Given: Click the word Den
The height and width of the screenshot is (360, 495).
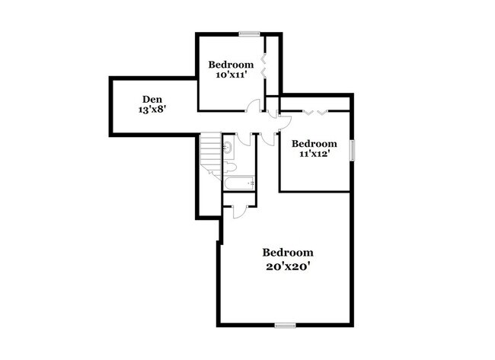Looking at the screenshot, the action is (152, 99).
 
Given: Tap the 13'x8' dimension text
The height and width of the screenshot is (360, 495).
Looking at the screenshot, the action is (152, 110).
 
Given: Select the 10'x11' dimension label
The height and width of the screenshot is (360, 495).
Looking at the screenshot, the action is (231, 75).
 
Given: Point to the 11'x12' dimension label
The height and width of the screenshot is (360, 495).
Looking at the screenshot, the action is (315, 154).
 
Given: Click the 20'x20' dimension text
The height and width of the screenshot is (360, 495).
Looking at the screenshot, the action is (288, 267).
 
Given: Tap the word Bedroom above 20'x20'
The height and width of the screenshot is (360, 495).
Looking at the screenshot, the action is (288, 253).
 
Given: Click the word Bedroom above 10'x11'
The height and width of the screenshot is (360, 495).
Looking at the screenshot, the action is (231, 65).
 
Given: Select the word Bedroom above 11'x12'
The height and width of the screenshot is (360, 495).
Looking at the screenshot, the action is (314, 144).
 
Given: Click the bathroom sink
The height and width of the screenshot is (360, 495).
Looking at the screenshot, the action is (228, 147).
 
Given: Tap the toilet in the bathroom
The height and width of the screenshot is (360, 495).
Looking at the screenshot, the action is (229, 167).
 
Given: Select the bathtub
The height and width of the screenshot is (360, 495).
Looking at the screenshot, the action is (239, 183).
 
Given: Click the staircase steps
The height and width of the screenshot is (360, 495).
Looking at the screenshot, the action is (210, 155).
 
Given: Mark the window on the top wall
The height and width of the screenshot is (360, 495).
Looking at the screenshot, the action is (249, 33).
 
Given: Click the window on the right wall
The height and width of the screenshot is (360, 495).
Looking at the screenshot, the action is (352, 151).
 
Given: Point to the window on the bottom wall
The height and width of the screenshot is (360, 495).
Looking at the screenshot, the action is (285, 325).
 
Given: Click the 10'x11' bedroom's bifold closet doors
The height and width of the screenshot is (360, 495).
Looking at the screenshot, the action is (263, 66).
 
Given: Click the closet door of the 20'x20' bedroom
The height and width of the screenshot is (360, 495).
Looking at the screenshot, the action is (241, 212).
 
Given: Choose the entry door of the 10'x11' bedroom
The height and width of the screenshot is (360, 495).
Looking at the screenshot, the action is (253, 105).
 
